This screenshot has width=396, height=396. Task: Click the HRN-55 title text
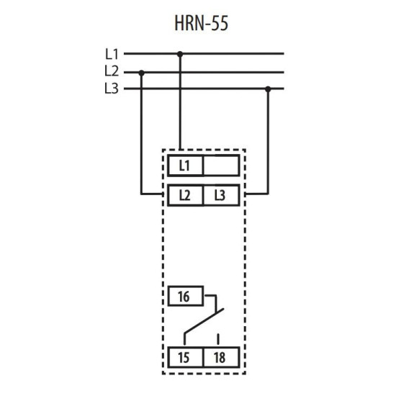202,23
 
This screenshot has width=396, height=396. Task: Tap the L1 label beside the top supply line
112,54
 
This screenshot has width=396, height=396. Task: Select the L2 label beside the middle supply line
112,71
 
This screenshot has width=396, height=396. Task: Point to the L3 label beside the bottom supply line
112,89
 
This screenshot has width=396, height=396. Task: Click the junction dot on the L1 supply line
180,54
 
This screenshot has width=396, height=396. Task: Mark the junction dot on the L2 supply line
142,73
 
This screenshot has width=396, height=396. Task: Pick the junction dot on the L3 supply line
268,89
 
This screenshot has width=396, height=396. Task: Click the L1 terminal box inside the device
185,166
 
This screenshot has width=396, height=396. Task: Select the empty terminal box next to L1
221,166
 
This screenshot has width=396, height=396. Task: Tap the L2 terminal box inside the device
185,195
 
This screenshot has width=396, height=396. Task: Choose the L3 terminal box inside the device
221,195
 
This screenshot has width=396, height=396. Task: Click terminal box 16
186,296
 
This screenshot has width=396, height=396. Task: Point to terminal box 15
185,357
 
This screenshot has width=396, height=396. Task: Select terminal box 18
221,357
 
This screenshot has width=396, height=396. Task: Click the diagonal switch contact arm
204,320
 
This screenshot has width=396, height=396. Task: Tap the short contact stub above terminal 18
218,339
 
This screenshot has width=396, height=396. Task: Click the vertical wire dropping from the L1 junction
180,102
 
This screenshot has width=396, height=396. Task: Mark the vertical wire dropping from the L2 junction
141,134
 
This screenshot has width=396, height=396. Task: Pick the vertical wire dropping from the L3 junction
268,141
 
